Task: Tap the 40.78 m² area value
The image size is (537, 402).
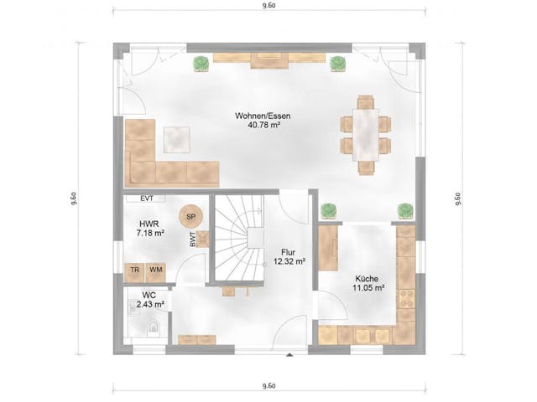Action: [264, 126]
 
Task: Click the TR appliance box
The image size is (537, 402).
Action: [134, 271]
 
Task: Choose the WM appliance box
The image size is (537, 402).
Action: [155, 271]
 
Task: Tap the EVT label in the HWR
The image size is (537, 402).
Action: [147, 198]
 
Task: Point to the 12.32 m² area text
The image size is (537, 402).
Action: [288, 261]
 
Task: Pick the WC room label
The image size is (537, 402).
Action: [149, 296]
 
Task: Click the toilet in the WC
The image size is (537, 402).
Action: [153, 327]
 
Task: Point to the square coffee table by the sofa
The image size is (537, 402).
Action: [177, 138]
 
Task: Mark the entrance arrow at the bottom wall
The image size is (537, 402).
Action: [289, 357]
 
